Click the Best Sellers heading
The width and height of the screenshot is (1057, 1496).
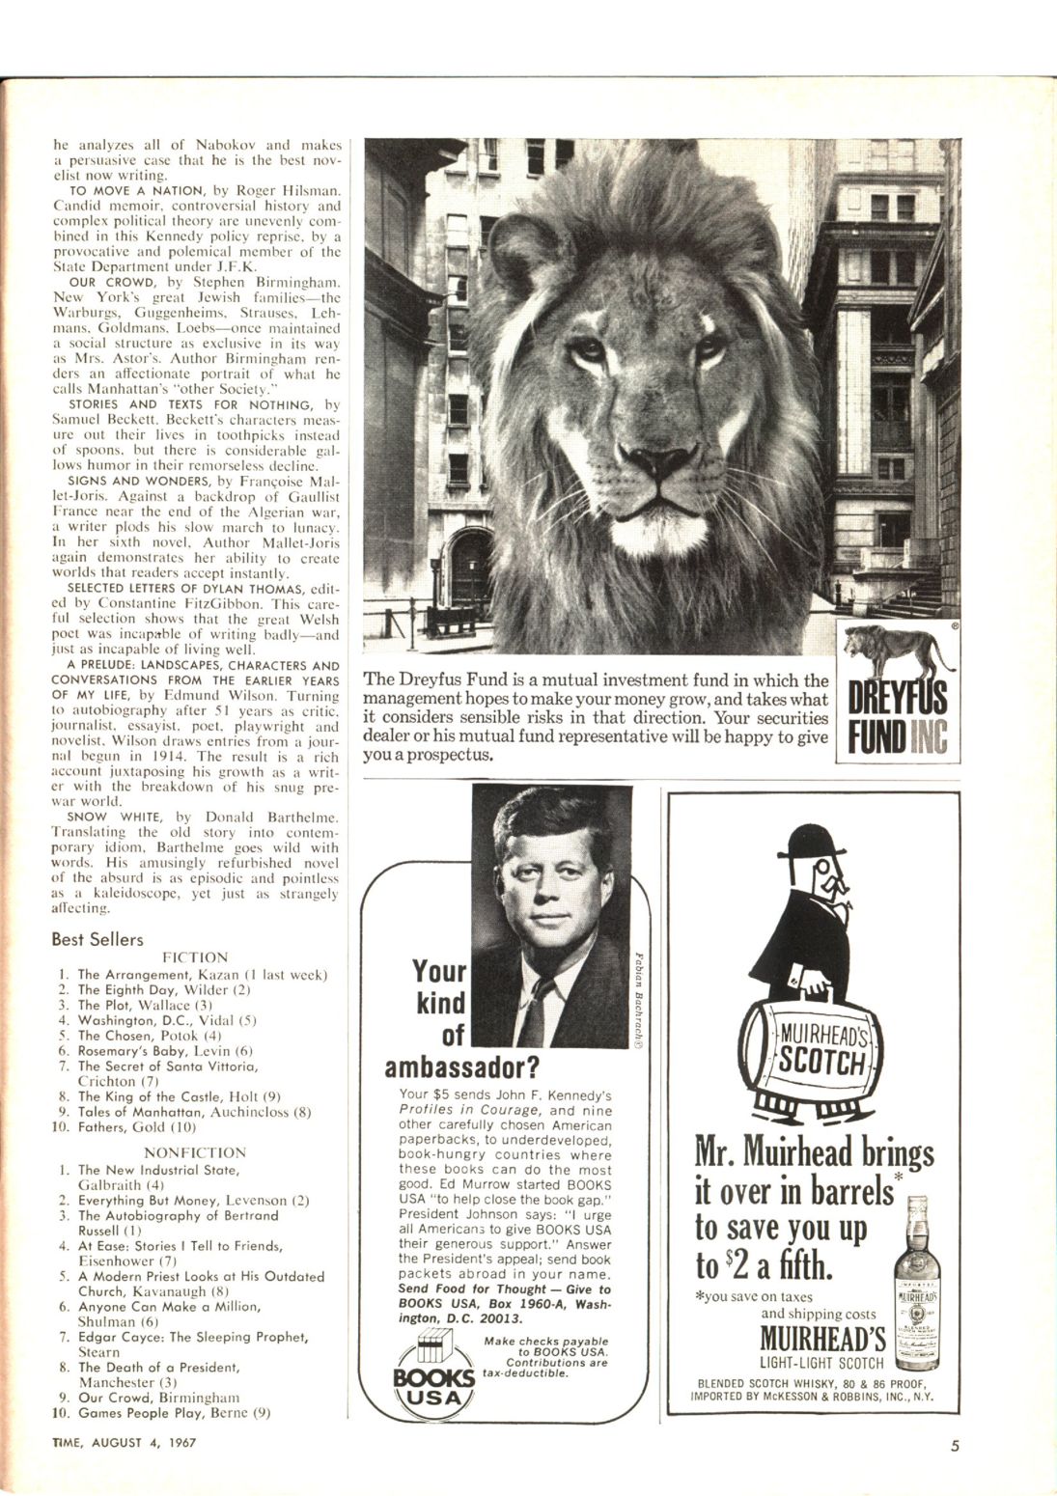(97, 939)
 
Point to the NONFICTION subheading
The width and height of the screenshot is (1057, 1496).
(194, 1152)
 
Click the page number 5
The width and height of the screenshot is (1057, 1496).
(955, 1445)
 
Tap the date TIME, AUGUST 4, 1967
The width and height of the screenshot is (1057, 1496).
(120, 1445)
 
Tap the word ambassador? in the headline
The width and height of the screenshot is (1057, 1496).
(461, 1067)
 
